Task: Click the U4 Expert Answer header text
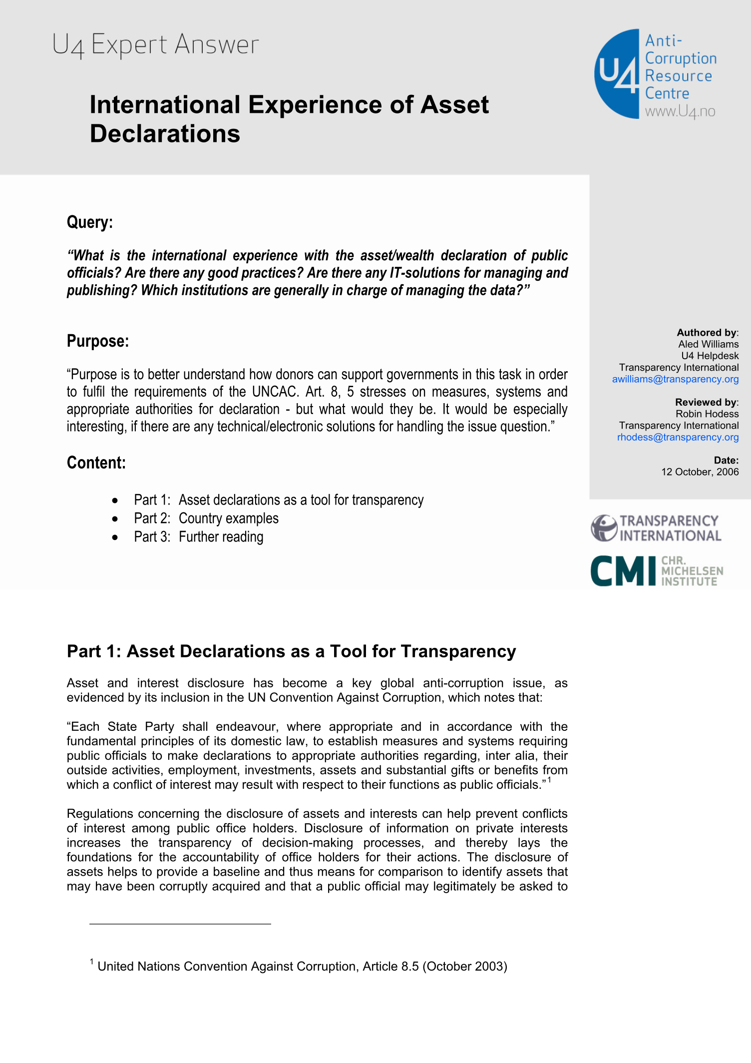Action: pos(155,45)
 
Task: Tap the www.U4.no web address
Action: pos(680,111)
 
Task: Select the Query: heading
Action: pos(90,222)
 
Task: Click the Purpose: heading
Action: pos(98,341)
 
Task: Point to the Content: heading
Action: pos(96,463)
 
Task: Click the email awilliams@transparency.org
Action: pos(675,379)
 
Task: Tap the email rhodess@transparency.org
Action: pos(678,437)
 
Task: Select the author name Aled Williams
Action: pos(708,344)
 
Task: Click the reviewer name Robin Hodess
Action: pos(707,414)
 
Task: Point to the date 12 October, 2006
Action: pos(700,472)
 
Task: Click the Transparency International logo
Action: pos(656,529)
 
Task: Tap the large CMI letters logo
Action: pos(623,570)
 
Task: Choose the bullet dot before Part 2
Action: pos(115,519)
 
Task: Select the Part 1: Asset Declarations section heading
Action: pos(291,651)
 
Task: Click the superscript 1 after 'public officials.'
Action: pos(549,780)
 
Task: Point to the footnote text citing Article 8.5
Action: pos(302,966)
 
